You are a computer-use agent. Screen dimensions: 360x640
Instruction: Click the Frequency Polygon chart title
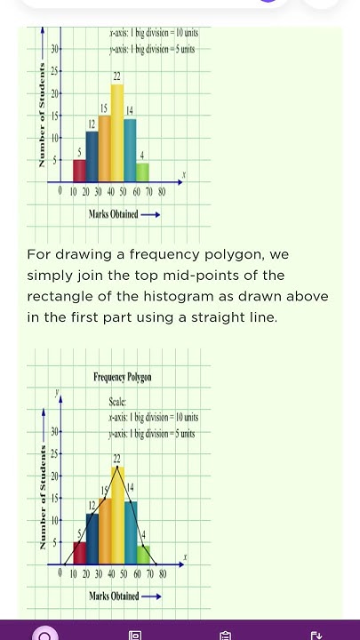click(123, 378)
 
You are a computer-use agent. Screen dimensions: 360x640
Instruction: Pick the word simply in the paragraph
click(52, 276)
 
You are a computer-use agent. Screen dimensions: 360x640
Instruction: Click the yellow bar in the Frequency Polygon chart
click(117, 515)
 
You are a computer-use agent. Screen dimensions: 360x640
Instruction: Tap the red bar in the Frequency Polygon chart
click(79, 552)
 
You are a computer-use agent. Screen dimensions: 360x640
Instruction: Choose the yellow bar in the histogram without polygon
click(117, 133)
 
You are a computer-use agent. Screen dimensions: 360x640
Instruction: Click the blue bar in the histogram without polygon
click(92, 156)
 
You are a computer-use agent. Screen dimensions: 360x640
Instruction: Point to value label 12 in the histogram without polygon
click(92, 121)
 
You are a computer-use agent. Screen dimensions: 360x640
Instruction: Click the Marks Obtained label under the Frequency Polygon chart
click(115, 595)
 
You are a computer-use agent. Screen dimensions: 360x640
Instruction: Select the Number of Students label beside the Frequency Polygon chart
click(42, 499)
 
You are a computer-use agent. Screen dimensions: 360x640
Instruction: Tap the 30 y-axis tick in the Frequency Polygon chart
click(54, 432)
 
